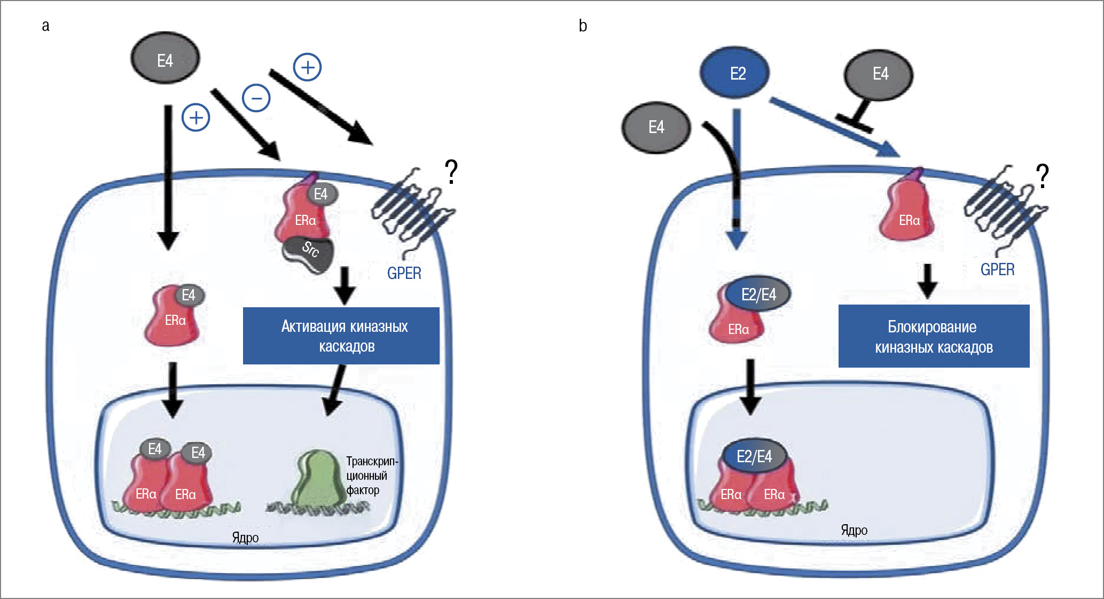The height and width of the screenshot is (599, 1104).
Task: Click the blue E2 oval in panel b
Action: (x=735, y=73)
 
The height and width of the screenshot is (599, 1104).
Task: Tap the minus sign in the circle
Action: (x=256, y=98)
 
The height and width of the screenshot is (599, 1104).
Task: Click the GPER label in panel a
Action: (x=404, y=273)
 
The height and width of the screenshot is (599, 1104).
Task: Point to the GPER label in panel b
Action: (x=997, y=269)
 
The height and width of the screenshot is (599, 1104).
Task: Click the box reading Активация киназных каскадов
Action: (x=341, y=336)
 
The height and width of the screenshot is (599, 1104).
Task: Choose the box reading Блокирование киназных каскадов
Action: (x=934, y=336)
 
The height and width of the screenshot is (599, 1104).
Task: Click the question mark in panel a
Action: (x=451, y=172)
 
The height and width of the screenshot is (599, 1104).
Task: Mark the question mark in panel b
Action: (x=1042, y=176)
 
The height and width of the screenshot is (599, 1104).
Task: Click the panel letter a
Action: (x=46, y=26)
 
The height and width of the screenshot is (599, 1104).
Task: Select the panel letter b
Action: (x=583, y=26)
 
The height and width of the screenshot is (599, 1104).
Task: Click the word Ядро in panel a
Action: (x=245, y=538)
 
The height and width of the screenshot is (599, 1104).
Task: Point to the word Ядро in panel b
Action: (x=854, y=530)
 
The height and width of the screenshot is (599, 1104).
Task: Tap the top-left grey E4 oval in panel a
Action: (x=165, y=59)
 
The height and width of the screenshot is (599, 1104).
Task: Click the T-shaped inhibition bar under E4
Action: (x=855, y=122)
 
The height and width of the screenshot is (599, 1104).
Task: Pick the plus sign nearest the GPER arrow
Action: (x=308, y=67)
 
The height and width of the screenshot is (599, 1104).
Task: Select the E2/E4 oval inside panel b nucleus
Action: (x=754, y=456)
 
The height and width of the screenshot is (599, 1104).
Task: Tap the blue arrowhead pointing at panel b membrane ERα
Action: (x=889, y=150)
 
